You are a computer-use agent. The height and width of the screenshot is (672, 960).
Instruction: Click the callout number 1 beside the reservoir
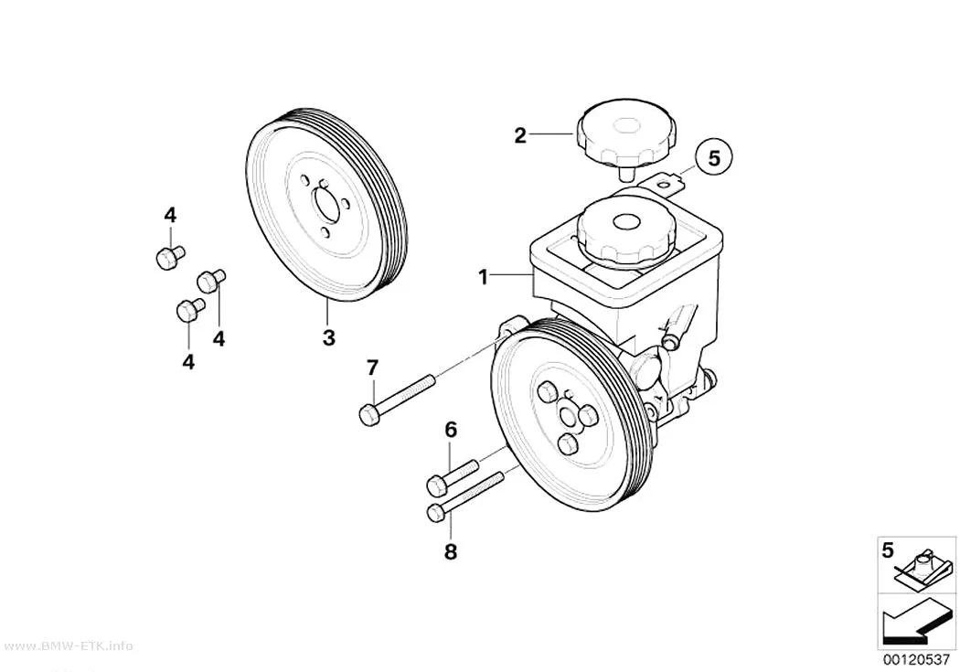(484, 278)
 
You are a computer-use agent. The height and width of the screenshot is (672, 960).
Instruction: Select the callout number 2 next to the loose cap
(520, 135)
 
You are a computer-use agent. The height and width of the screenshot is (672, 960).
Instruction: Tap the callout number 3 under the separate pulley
(329, 337)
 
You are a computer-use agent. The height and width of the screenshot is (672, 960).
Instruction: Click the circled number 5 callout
(714, 158)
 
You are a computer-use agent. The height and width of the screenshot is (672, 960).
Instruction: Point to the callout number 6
(451, 431)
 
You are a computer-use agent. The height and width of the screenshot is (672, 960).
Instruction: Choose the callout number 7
(372, 368)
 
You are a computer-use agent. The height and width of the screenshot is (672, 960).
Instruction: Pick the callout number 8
(451, 552)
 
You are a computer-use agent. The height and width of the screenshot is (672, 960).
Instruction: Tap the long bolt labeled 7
(398, 399)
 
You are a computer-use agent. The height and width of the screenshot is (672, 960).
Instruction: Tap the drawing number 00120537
(917, 660)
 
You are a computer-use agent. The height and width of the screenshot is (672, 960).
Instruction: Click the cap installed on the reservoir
(625, 234)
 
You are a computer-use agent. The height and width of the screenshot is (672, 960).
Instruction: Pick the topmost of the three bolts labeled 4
(170, 256)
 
